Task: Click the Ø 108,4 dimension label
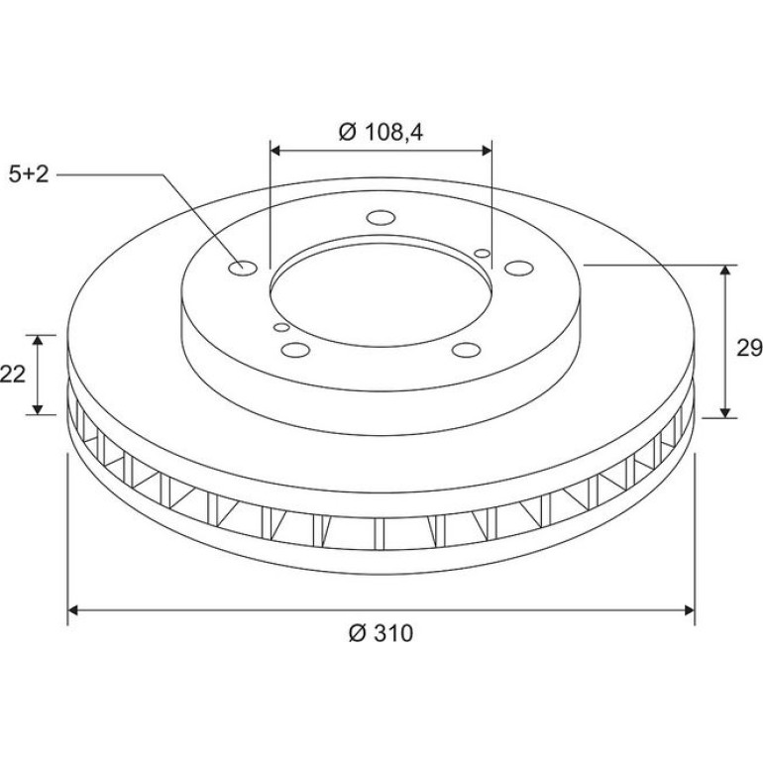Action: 381,132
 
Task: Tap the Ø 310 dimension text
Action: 381,633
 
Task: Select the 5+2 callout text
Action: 29,174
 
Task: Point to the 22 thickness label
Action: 13,375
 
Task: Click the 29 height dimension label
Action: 749,349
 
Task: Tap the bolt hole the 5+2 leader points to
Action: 243,269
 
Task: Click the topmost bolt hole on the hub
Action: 381,218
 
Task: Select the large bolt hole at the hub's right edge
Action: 519,269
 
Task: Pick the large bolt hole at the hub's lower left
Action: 296,350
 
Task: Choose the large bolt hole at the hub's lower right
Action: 466,350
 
